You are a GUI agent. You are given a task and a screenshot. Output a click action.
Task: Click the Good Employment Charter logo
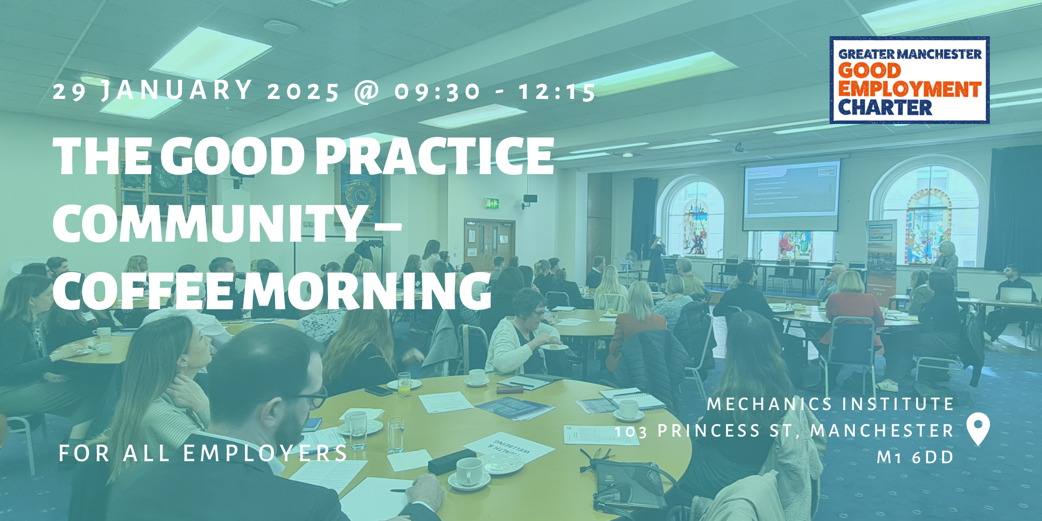click(x=909, y=80)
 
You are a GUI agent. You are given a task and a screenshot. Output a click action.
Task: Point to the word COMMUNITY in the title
click(x=208, y=223)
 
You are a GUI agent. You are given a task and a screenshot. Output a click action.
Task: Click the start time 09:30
click(x=438, y=92)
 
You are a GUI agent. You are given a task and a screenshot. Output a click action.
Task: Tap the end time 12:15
click(x=557, y=92)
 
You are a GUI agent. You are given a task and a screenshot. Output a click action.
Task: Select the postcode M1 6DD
click(x=915, y=457)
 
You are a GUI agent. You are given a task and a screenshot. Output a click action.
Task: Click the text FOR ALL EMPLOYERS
click(x=203, y=453)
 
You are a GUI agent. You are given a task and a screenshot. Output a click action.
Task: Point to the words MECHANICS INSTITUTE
click(x=830, y=404)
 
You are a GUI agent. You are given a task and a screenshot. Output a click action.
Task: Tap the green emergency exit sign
click(x=492, y=204)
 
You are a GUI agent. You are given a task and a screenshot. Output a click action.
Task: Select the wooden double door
click(x=489, y=244)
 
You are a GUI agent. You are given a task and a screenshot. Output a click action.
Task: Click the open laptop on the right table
click(x=1015, y=295)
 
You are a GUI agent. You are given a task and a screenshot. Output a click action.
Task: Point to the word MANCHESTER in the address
click(x=882, y=431)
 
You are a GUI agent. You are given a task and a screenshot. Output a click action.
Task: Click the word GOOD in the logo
click(x=869, y=71)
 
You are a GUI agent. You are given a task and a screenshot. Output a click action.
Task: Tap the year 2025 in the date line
click(x=303, y=92)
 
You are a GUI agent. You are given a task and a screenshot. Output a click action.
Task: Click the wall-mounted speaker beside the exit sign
click(x=530, y=199)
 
